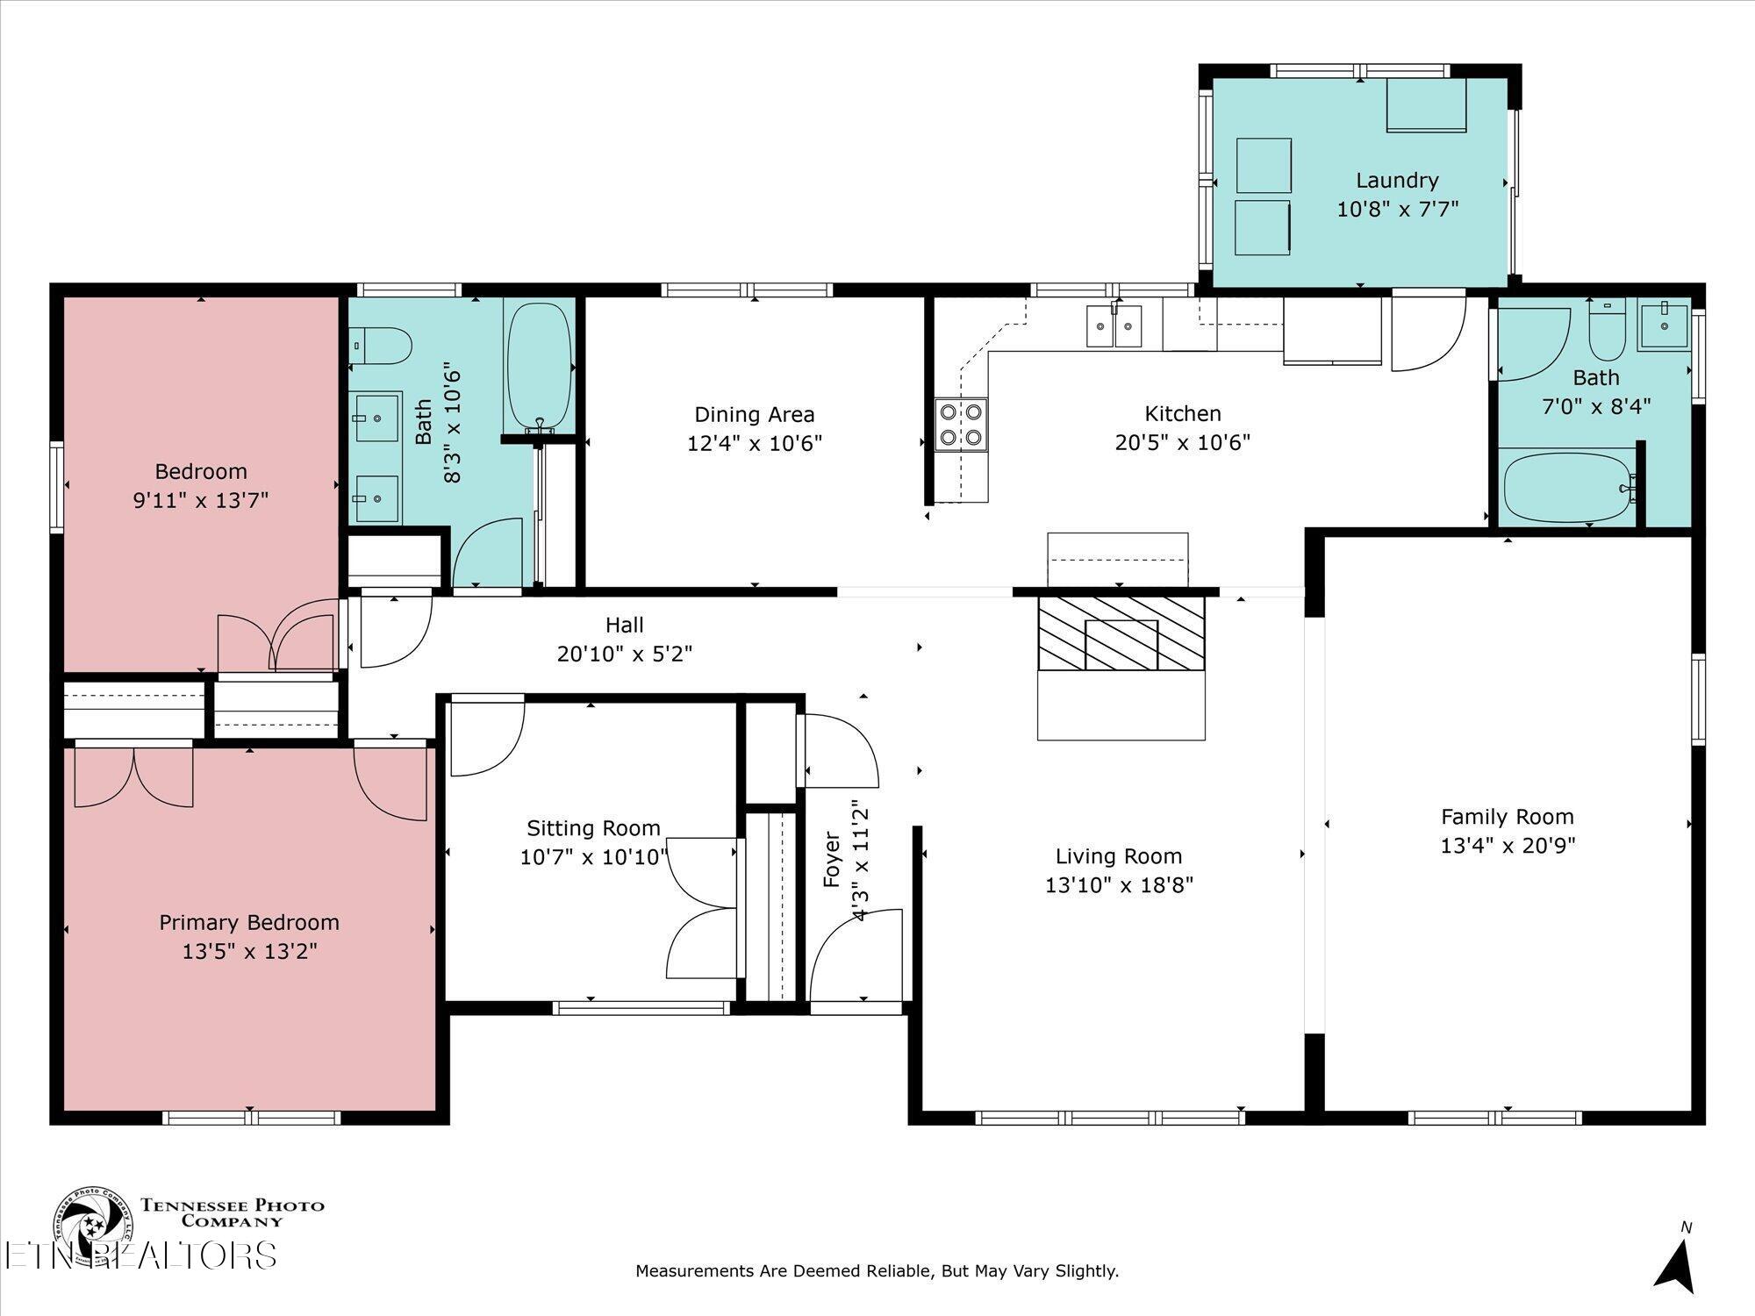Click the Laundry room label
click(x=1397, y=181)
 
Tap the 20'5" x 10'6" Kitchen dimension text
click(x=1182, y=442)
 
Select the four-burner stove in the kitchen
click(x=961, y=425)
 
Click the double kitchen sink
click(x=1114, y=326)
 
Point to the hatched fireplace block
click(x=1121, y=633)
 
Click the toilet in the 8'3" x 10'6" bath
click(x=383, y=347)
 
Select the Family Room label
click(x=1507, y=817)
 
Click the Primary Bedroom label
click(x=248, y=922)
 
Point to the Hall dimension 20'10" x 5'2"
click(x=624, y=654)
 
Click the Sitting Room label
click(x=593, y=828)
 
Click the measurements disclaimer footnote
click(x=877, y=1270)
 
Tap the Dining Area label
click(x=754, y=414)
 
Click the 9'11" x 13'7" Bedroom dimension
click(x=201, y=500)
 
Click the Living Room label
click(x=1118, y=855)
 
